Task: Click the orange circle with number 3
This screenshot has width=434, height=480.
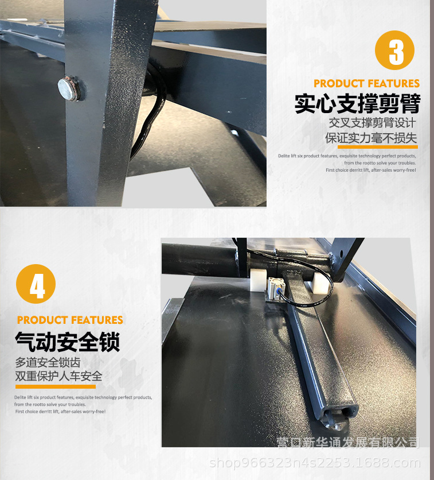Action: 394,51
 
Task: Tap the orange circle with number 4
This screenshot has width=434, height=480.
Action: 36,284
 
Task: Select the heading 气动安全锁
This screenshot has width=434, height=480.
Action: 67,342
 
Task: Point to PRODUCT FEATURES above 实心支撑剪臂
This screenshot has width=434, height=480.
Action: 366,83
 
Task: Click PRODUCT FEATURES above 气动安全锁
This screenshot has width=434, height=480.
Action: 70,320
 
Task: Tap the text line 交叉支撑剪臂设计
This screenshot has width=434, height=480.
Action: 372,123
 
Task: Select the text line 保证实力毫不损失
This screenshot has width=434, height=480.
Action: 371,138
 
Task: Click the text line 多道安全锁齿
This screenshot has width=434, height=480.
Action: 48,363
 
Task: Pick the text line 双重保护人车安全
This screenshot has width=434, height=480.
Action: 58,377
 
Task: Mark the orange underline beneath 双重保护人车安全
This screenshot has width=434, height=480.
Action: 55,386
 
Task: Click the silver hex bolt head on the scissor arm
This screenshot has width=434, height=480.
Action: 68,87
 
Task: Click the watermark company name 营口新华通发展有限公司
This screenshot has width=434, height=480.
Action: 348,443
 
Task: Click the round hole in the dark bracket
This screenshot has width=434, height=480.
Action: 343,253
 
